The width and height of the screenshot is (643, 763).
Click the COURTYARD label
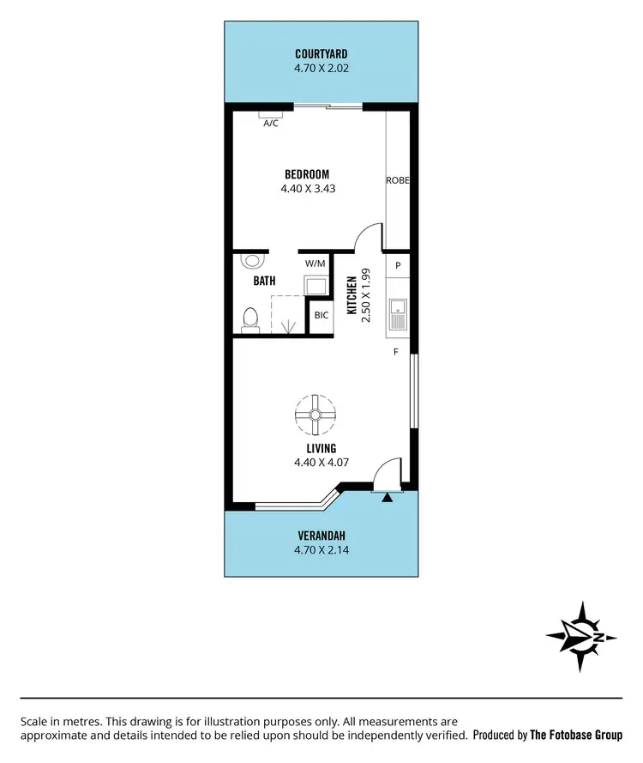[x=321, y=53]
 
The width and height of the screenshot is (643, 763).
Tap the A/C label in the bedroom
[x=271, y=124]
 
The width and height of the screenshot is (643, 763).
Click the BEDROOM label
[x=307, y=173]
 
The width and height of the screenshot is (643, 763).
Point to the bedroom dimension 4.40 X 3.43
[x=307, y=188]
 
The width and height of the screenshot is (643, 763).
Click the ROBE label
[x=397, y=180]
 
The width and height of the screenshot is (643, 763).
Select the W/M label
[x=315, y=264]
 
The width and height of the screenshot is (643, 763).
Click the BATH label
[x=264, y=281]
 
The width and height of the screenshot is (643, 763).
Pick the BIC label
[x=321, y=315]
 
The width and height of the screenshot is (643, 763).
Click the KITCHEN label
[x=352, y=296]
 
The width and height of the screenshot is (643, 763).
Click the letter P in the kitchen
[x=398, y=266]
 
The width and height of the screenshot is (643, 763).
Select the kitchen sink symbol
[x=398, y=313]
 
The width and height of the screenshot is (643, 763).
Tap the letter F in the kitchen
[x=396, y=352]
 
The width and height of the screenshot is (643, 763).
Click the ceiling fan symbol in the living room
[x=315, y=415]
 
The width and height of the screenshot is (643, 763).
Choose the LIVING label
[x=321, y=448]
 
